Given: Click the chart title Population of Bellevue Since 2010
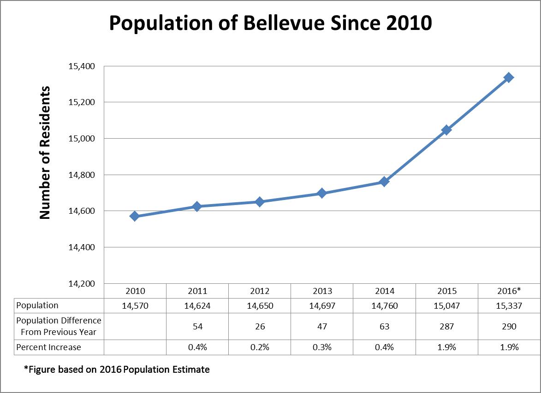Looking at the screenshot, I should tap(270, 23).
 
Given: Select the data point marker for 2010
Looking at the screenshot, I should tap(135, 216).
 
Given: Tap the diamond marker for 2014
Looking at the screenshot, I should tap(384, 182).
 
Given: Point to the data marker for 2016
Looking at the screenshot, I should tap(509, 77).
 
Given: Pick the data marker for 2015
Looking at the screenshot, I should tap(446, 130).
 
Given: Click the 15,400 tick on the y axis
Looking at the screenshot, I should tap(82, 66).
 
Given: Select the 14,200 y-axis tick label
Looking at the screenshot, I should tap(82, 283).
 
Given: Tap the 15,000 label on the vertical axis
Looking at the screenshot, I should tap(82, 138).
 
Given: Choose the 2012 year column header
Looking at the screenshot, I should tap(260, 291).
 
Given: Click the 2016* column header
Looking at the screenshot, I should tap(509, 291).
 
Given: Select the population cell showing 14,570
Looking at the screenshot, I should tap(135, 305).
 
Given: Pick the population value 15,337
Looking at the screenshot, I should tap(509, 305).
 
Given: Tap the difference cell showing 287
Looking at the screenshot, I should tap(446, 326).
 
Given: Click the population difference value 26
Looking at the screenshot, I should tap(260, 326).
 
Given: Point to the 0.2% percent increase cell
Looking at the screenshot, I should tap(260, 347).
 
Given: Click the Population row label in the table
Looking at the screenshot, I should tap(37, 305).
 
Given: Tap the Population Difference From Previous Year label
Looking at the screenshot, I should tap(58, 326).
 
